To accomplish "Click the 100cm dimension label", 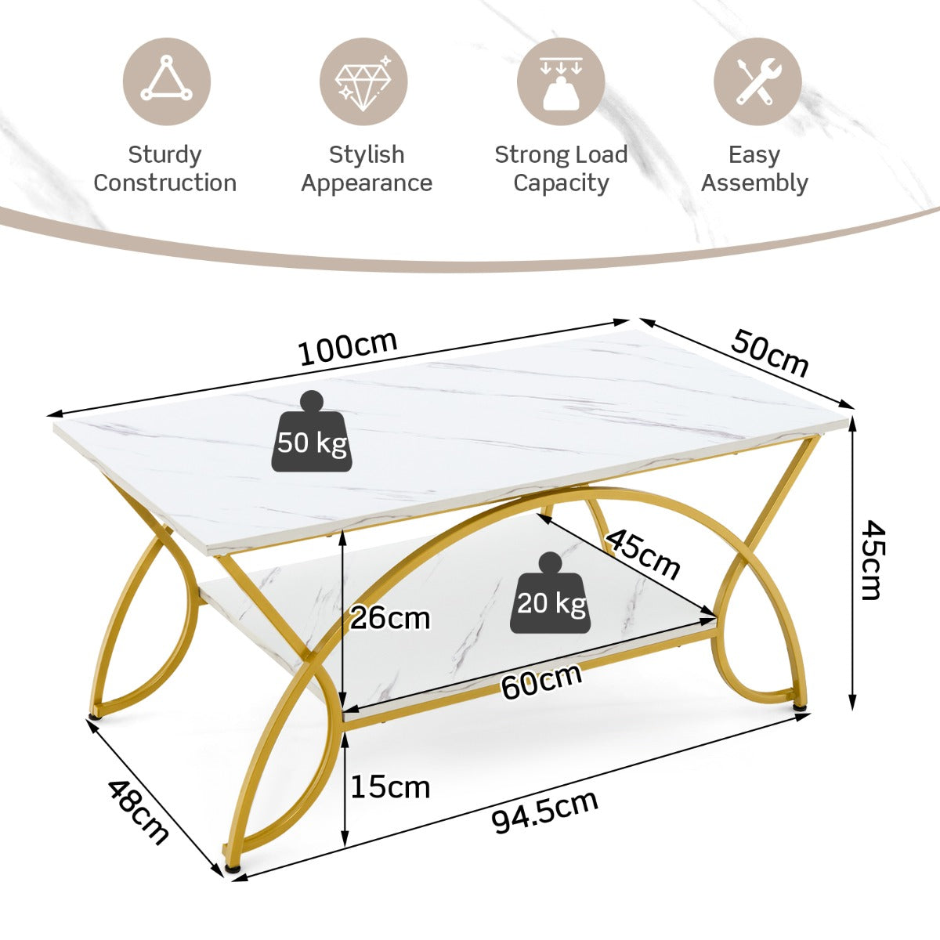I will point(349,349).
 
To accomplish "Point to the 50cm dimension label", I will point(769,353).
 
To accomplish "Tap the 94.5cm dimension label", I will point(545,812).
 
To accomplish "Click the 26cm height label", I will point(390,619).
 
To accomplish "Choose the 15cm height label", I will point(390,786).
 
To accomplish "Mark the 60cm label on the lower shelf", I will point(541,681).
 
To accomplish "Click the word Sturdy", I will point(164,155).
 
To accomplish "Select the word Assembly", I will point(754,183).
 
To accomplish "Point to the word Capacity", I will point(561,183).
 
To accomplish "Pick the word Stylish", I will point(367,155).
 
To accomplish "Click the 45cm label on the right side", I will point(871,559).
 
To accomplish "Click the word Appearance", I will point(367,183).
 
